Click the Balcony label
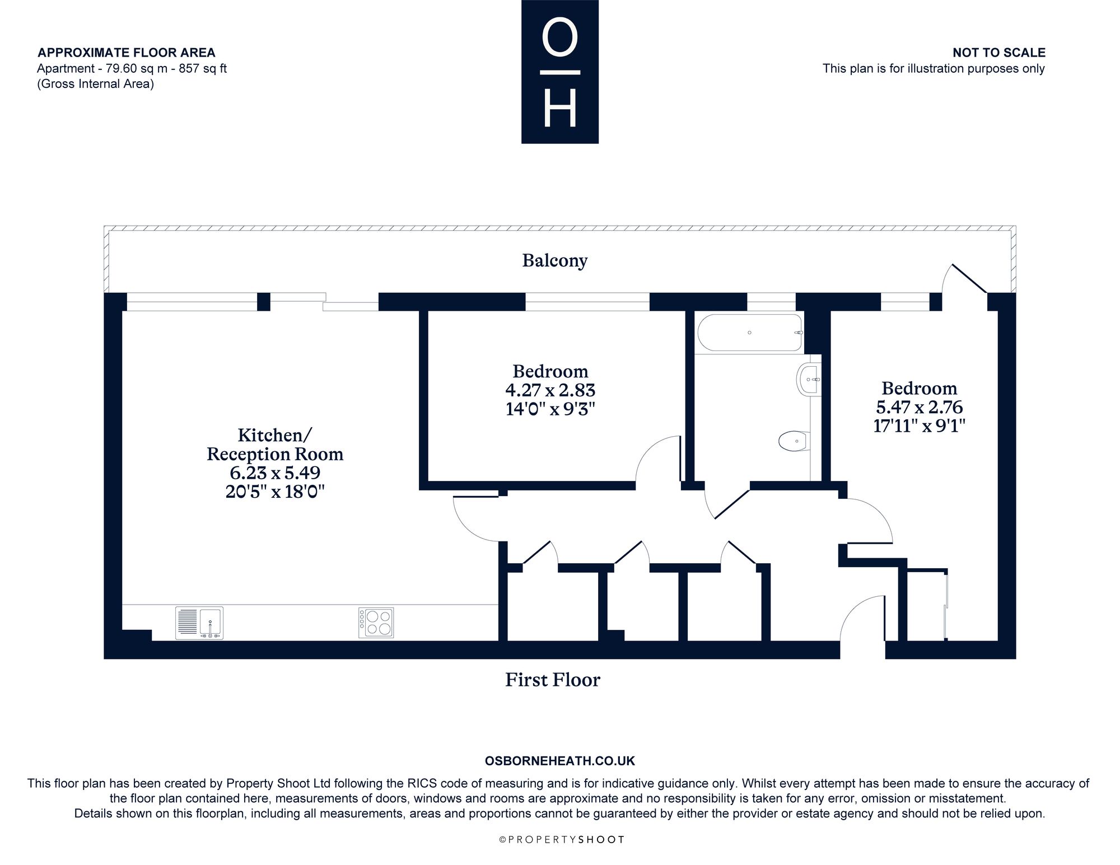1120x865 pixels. pyautogui.click(x=554, y=261)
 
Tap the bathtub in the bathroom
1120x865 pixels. pyautogui.click(x=750, y=333)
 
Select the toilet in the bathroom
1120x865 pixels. pyautogui.click(x=794, y=441)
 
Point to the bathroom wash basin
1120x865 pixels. pyautogui.click(x=809, y=380)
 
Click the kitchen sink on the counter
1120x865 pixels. pyautogui.click(x=199, y=623)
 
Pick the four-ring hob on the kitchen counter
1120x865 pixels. pyautogui.click(x=376, y=623)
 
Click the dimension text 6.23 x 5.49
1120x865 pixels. pyautogui.click(x=275, y=473)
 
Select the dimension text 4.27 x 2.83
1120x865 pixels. pyautogui.click(x=550, y=390)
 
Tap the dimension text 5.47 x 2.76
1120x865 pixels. pyautogui.click(x=919, y=407)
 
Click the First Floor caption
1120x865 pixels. pyautogui.click(x=553, y=680)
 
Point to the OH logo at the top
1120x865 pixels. pyautogui.click(x=560, y=72)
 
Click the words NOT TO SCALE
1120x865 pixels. pyautogui.click(x=999, y=53)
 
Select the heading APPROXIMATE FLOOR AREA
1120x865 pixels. pyautogui.click(x=126, y=53)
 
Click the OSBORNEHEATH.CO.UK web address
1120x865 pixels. pyautogui.click(x=560, y=761)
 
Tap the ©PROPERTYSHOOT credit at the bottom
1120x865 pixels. pyautogui.click(x=561, y=840)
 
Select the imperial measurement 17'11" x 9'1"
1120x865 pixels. pyautogui.click(x=920, y=426)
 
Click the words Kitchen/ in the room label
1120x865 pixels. pyautogui.click(x=275, y=435)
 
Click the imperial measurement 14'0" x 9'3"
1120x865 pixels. pyautogui.click(x=550, y=409)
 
